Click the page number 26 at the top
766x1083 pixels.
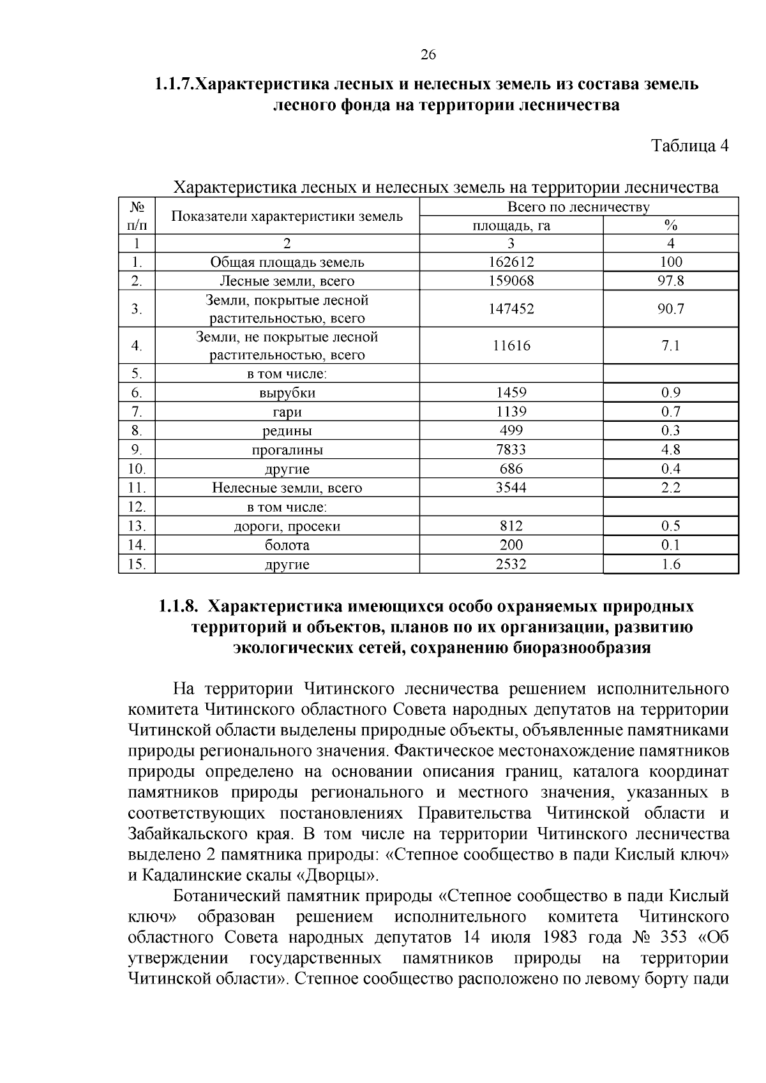pyautogui.click(x=428, y=55)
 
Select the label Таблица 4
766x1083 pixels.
pyautogui.click(x=689, y=146)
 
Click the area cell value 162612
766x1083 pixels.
pyautogui.click(x=511, y=262)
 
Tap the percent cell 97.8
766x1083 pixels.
pyautogui.click(x=671, y=281)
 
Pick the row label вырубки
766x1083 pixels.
pyautogui.click(x=287, y=393)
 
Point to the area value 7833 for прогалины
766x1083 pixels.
pyautogui.click(x=511, y=450)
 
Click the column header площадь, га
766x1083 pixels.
pyautogui.click(x=511, y=225)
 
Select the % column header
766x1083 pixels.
pyautogui.click(x=670, y=225)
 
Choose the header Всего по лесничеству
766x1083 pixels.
pyautogui.click(x=578, y=207)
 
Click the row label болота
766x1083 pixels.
pyautogui.click(x=287, y=545)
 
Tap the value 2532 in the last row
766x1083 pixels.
pyautogui.click(x=511, y=564)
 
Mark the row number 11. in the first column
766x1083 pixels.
pyautogui.click(x=137, y=488)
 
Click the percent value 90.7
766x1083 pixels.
pyautogui.click(x=671, y=309)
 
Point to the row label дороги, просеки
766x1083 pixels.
pyautogui.click(x=287, y=527)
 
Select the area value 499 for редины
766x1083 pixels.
pyautogui.click(x=511, y=431)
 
